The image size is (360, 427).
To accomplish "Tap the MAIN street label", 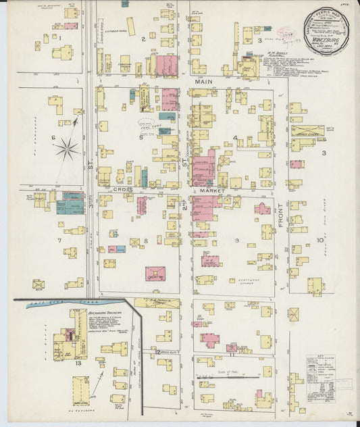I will tap(203, 81).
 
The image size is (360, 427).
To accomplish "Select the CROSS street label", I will tap(122, 190).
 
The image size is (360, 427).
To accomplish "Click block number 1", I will tap(59, 38).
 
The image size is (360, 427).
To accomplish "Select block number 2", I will tap(143, 39).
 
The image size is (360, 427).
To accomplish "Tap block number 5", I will tap(140, 138).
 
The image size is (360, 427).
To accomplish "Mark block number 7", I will tap(59, 240).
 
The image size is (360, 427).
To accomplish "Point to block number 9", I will tap(236, 240).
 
